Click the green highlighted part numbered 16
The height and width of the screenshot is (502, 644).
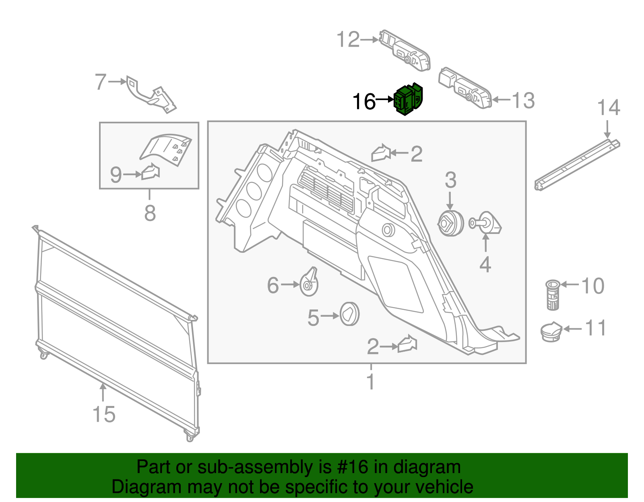(409, 99)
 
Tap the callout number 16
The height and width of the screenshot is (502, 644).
(364, 102)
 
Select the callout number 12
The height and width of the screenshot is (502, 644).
(348, 40)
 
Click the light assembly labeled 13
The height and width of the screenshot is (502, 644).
(465, 88)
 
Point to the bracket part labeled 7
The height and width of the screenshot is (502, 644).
(151, 95)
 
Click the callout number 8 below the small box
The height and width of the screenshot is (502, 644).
(150, 213)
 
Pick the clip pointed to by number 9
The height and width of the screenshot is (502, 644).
(151, 172)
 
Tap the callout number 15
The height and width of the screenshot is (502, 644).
(104, 415)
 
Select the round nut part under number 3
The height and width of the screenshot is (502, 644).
(450, 223)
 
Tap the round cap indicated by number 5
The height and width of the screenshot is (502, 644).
(349, 314)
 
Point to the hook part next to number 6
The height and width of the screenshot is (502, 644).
(309, 282)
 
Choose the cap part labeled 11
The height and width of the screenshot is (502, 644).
(551, 331)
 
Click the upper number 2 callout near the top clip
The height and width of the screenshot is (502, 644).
(417, 154)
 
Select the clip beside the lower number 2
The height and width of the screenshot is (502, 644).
(407, 344)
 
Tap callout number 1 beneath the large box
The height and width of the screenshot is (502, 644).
(371, 382)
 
